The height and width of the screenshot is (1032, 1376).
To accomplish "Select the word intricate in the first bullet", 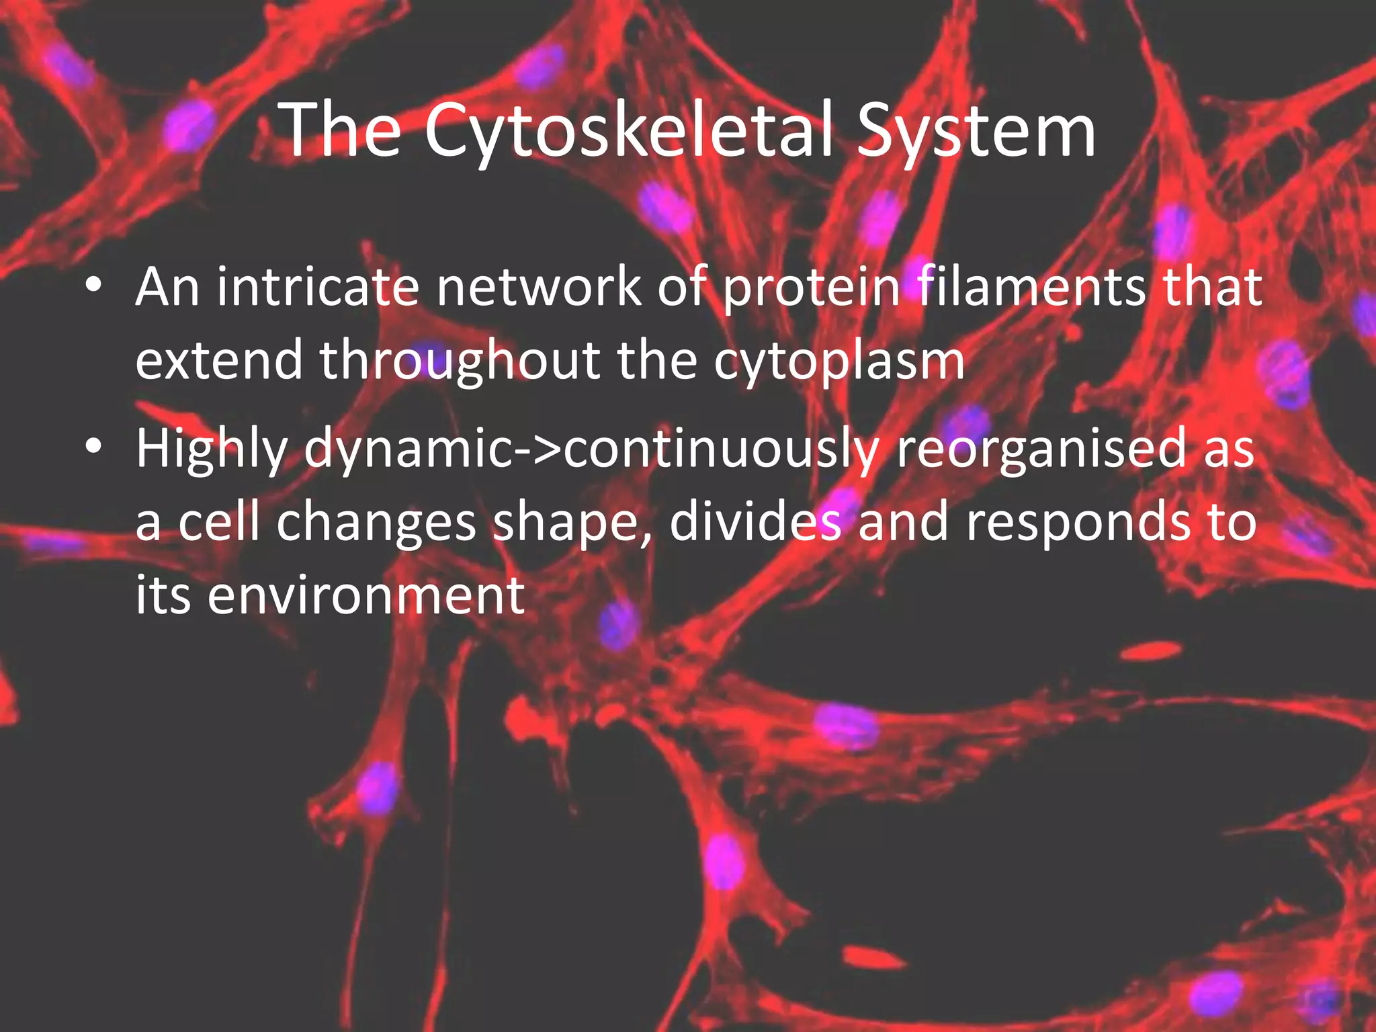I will pos(317,288).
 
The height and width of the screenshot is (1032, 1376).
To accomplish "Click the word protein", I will pos(812,288).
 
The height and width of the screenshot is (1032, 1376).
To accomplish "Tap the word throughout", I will pos(460,361).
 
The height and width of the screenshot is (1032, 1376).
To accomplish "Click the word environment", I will pos(366,595).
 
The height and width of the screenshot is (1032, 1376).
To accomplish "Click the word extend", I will pos(219,361).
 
